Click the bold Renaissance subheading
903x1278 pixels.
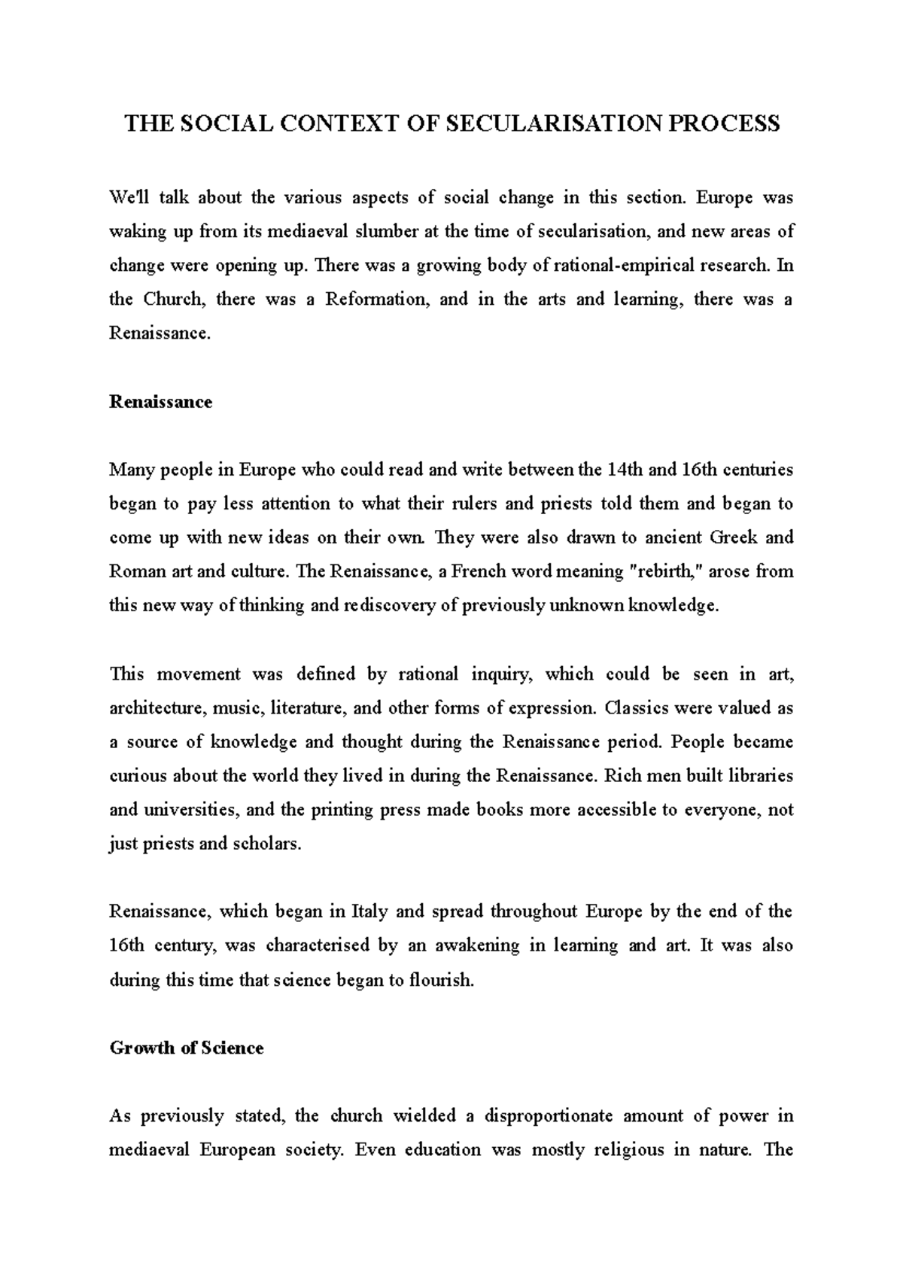[160, 402]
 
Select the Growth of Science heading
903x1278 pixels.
[187, 1048]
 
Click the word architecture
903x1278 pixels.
[157, 708]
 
